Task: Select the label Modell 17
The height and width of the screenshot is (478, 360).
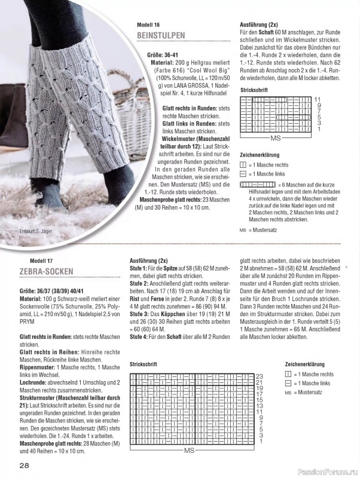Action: coord(42,261)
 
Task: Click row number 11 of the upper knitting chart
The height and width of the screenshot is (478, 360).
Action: coord(318,99)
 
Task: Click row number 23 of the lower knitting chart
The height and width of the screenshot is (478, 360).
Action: coord(260,376)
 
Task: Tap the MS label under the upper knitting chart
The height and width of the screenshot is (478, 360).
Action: coord(276,138)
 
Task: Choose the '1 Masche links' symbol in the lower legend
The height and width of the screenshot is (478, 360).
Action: coord(288,383)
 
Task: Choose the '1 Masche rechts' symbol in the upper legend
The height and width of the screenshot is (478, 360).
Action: coord(242,165)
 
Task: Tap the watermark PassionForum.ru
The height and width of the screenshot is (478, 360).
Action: coord(329,471)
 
